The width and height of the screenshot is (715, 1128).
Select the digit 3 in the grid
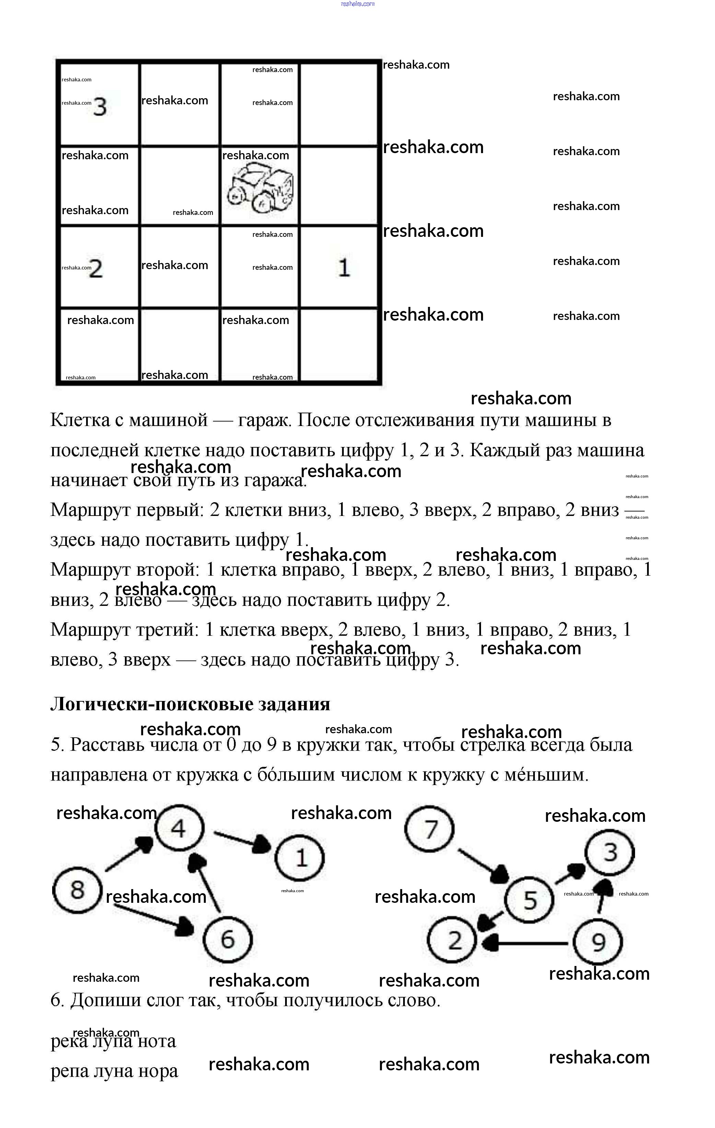[100, 107]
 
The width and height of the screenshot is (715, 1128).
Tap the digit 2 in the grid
[95, 269]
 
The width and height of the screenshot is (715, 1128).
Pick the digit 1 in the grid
[344, 268]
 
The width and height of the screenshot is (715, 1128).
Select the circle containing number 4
[179, 828]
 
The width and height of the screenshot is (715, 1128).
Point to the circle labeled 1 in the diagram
[300, 858]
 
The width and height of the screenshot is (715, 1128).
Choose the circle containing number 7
[429, 829]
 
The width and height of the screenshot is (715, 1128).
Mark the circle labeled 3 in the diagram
[610, 853]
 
